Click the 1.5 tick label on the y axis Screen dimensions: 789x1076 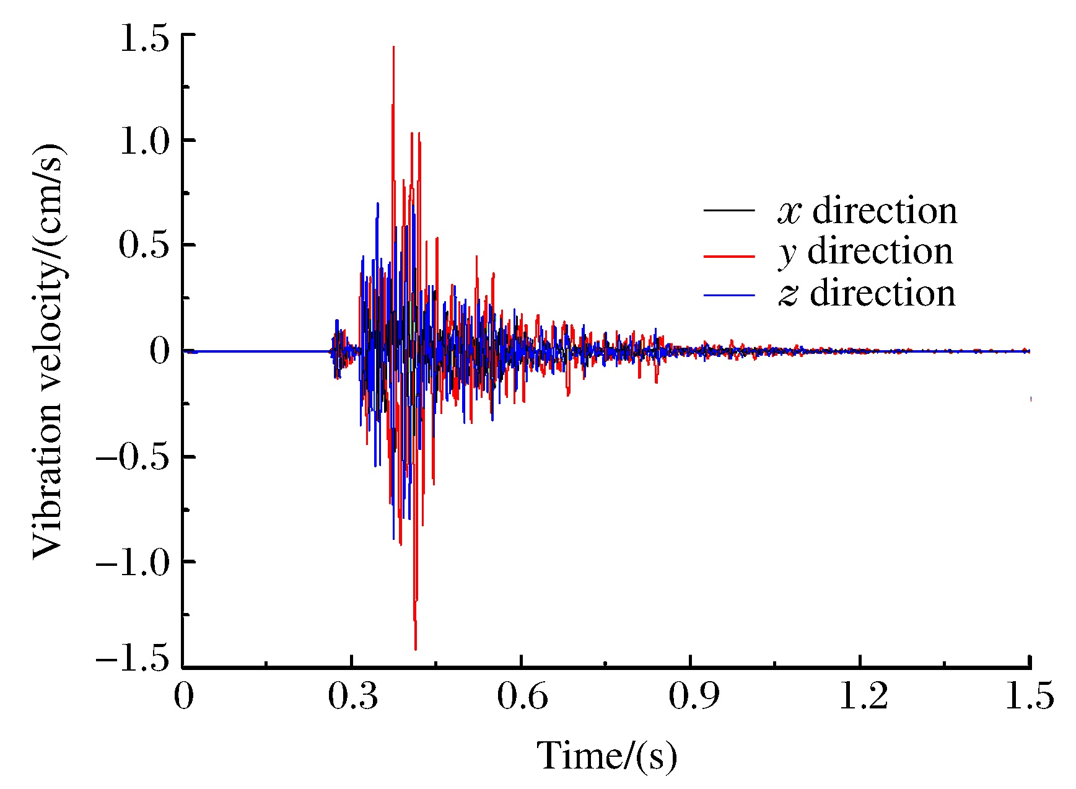(144, 39)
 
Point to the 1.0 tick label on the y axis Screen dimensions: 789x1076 (144, 142)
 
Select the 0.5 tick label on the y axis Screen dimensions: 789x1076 (144, 246)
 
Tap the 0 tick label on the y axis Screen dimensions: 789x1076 (159, 351)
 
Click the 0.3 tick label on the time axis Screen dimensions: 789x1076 (352, 697)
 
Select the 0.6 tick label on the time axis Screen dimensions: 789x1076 (522, 697)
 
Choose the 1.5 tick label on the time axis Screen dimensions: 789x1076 (1028, 697)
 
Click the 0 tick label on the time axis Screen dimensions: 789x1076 (183, 697)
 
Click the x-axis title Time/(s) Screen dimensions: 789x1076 (606, 756)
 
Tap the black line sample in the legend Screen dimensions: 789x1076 (729, 211)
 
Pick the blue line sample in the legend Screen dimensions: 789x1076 (729, 294)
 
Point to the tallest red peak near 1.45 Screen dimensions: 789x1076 (393, 47)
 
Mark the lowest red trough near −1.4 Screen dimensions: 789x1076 (415, 648)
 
